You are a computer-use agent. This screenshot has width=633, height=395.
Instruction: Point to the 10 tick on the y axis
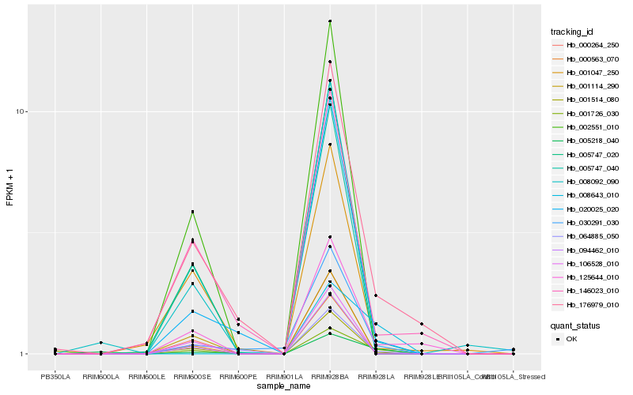pyautogui.click(x=23, y=111)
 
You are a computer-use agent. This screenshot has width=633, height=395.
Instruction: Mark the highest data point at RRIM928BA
pyautogui.click(x=330, y=21)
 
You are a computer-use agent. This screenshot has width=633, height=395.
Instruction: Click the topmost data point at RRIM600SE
pyautogui.click(x=192, y=212)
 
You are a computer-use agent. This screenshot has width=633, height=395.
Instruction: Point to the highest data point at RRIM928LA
pyautogui.click(x=376, y=295)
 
